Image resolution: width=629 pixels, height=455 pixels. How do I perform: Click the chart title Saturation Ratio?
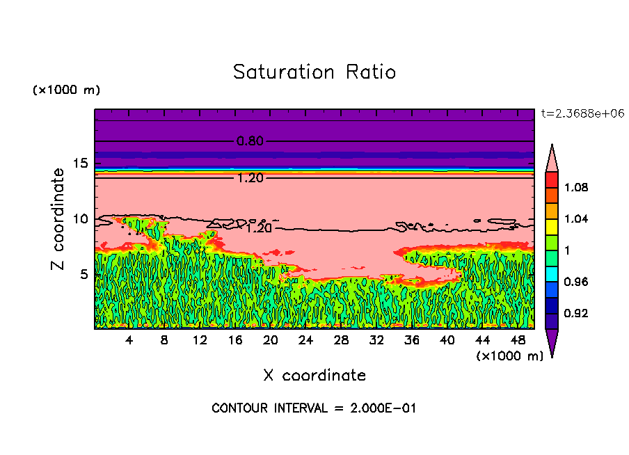coord(314,72)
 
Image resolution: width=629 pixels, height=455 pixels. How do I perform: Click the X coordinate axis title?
coord(314,376)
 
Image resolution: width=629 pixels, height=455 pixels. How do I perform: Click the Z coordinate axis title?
coord(58,219)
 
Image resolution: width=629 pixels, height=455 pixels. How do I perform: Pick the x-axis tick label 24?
coord(305,340)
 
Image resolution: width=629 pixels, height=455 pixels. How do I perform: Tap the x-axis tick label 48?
coord(518,340)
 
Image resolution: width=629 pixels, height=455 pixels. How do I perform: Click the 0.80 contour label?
coord(250,141)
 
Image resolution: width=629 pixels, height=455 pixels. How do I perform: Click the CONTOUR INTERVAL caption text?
coord(314,408)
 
